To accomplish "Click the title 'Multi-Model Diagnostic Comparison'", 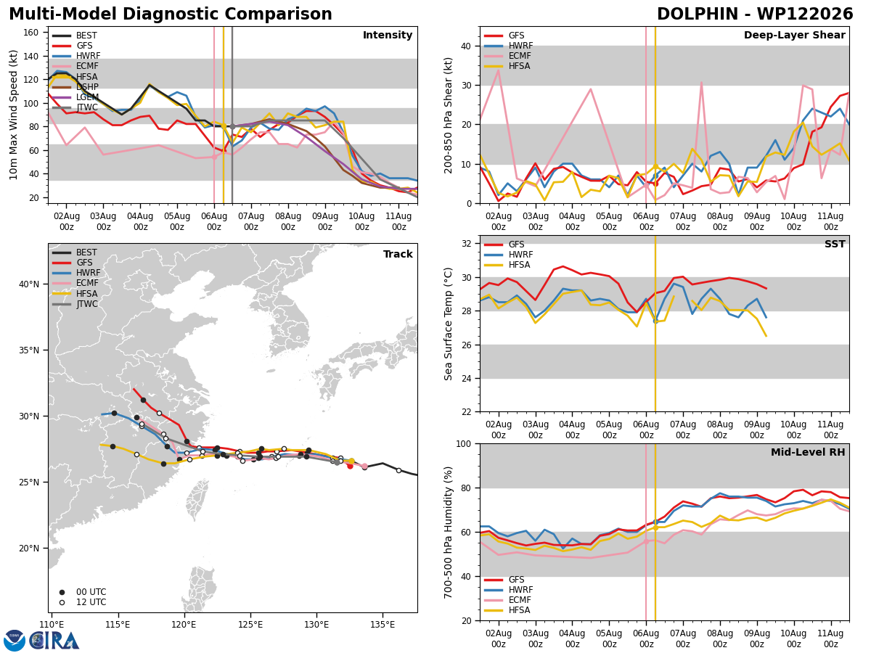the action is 171,15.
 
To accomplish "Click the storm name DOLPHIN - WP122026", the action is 755,15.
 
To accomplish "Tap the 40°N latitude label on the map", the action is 29,284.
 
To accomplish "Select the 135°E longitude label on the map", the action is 383,625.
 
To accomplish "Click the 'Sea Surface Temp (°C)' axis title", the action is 448,324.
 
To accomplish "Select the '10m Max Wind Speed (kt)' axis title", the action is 13,115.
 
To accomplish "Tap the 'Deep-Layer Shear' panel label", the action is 794,36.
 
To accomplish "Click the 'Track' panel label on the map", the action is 398,254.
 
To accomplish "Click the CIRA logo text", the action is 54,640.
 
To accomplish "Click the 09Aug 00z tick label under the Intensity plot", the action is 325,221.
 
